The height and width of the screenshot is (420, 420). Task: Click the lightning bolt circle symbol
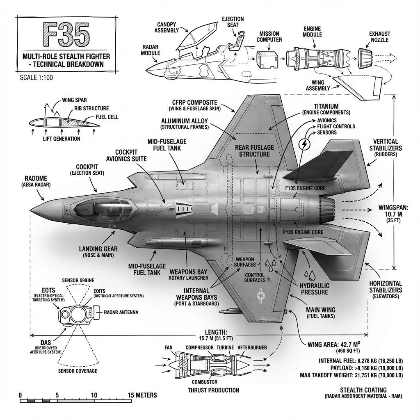click(x=304, y=144)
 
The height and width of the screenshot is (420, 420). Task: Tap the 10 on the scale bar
click(x=94, y=395)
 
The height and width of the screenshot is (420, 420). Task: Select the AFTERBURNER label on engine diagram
click(x=252, y=348)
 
